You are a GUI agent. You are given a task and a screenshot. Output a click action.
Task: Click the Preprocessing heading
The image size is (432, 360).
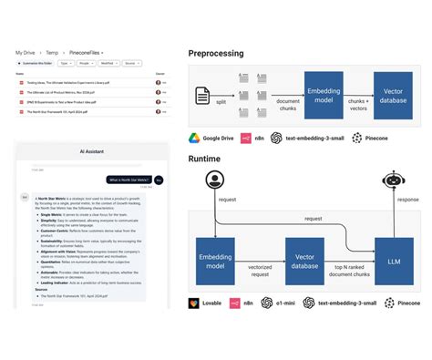pyautogui.click(x=216, y=53)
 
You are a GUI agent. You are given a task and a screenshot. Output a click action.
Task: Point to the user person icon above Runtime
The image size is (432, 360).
pyautogui.click(x=216, y=180)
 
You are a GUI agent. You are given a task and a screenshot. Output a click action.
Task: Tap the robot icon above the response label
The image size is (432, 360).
pyautogui.click(x=395, y=180)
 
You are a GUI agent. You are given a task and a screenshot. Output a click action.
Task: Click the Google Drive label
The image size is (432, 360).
pyautogui.click(x=223, y=138)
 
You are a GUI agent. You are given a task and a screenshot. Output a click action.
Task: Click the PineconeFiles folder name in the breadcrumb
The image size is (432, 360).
pyautogui.click(x=85, y=54)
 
